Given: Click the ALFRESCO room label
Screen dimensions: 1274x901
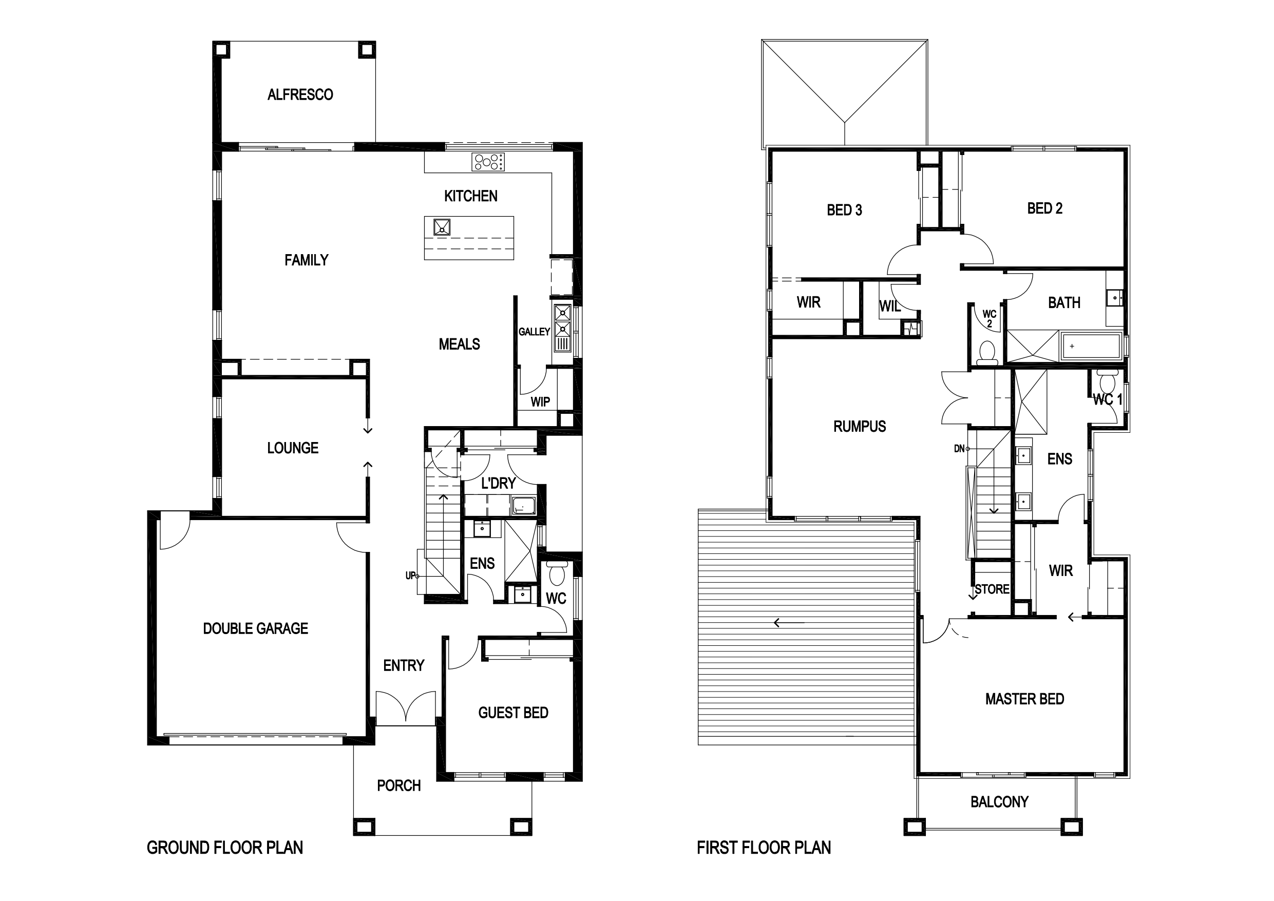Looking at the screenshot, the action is point(300,95).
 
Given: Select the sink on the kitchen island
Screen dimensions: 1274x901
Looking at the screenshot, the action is point(442,227).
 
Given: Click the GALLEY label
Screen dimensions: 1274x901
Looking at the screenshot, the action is point(534,332).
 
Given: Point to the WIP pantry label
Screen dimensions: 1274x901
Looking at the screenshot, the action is point(540,401).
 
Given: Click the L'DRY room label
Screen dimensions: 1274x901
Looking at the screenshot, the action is point(498,484).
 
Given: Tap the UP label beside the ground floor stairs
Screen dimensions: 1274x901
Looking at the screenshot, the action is point(410,576).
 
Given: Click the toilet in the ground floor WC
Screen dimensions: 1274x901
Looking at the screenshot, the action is point(556,573).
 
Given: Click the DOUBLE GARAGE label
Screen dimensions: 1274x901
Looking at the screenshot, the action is point(255,628).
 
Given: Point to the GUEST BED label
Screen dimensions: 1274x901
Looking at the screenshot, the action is point(514,713).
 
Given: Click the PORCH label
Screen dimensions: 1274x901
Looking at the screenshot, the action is point(398,785).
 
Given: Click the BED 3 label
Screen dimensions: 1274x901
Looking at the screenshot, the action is point(844,210).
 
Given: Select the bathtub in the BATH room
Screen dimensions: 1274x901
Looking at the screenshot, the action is point(1091,347).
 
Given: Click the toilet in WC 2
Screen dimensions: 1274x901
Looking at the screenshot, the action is point(987,353).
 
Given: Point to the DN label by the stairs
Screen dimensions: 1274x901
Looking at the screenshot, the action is point(959,448).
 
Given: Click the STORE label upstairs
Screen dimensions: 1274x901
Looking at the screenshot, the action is point(992,589).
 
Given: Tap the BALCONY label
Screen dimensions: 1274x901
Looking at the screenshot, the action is point(999,802).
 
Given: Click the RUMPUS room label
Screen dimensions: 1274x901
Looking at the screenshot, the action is point(860,427).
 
